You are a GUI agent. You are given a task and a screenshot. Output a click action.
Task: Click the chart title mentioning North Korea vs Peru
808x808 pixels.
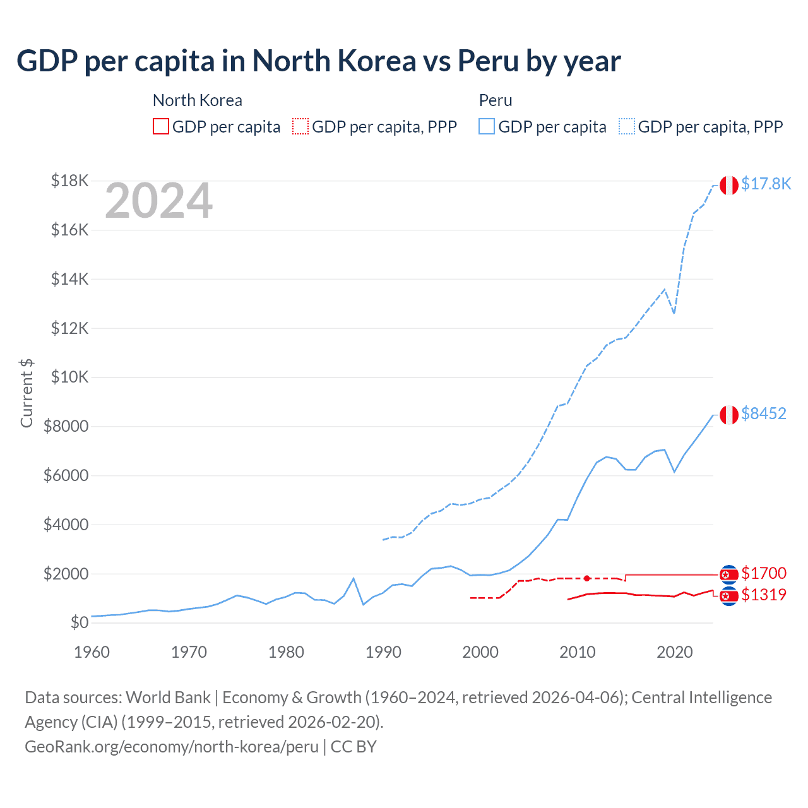tap(319, 61)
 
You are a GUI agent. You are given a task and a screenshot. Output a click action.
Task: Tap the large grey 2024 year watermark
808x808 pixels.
tap(158, 201)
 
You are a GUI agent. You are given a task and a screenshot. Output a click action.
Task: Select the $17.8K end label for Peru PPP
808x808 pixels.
tap(766, 184)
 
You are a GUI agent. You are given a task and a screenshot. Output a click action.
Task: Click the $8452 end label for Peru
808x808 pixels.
tap(764, 413)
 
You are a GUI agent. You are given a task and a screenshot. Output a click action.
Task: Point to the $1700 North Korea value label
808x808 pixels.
tap(764, 573)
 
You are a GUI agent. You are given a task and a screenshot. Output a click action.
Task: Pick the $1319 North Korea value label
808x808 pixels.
tap(764, 595)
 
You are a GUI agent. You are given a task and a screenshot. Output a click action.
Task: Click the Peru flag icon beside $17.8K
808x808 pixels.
tap(729, 186)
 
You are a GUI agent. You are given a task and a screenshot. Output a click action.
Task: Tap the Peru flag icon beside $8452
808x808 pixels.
tap(729, 415)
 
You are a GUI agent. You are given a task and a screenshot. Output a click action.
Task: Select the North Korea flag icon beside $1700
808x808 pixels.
tap(729, 574)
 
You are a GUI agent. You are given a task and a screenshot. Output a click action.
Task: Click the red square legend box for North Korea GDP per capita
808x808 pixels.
tap(161, 126)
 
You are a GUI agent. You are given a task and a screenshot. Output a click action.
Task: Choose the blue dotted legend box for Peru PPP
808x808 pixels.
tap(627, 126)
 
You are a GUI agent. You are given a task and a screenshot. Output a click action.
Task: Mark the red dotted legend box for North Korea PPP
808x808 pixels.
tap(300, 126)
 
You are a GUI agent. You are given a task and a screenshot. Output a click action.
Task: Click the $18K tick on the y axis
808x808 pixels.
tap(69, 181)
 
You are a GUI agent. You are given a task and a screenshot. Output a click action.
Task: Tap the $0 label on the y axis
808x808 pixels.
tap(79, 623)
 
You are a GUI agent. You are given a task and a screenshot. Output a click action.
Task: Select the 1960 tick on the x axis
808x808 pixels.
tap(92, 652)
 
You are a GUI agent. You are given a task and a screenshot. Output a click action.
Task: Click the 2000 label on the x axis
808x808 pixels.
tap(480, 652)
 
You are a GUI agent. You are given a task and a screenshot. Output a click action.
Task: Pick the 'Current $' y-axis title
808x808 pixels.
tap(27, 393)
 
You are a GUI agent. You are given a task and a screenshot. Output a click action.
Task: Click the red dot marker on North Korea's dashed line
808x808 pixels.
tap(587, 578)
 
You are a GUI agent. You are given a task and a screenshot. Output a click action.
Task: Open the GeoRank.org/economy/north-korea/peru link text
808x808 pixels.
tap(172, 747)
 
